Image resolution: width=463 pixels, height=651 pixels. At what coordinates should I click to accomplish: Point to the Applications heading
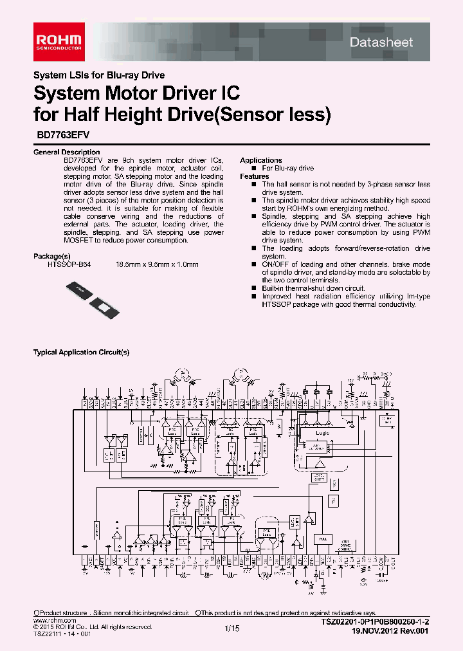coord(260,160)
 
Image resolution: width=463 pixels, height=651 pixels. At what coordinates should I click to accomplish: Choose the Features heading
coord(254,176)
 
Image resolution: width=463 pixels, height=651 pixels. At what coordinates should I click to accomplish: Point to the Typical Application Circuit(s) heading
coord(81,353)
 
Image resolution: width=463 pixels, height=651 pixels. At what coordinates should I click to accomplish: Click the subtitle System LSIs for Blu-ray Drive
coord(98,75)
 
